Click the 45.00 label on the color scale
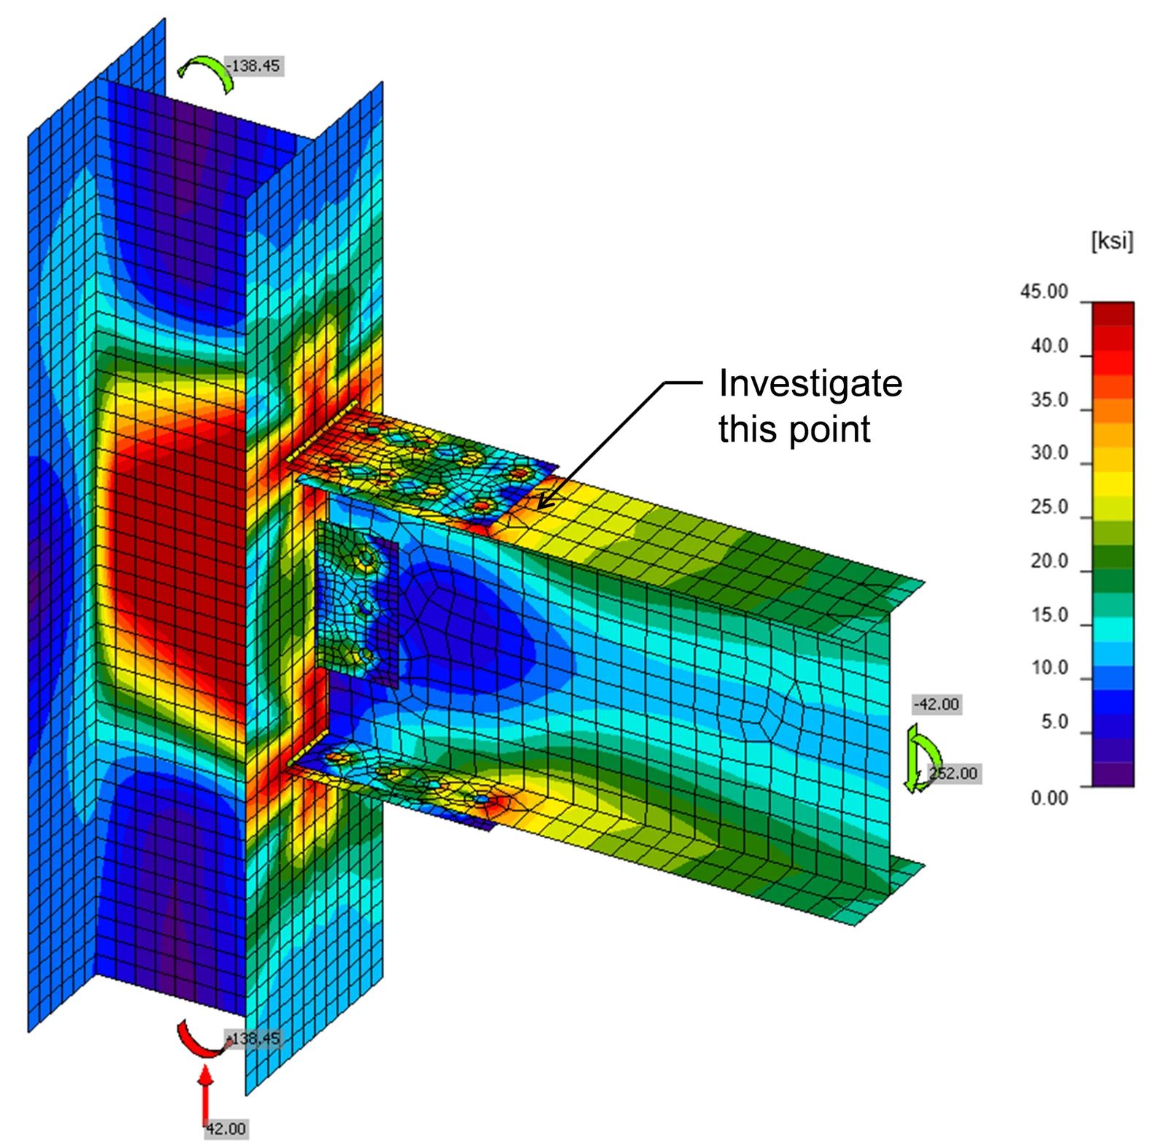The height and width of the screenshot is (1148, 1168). tap(1043, 291)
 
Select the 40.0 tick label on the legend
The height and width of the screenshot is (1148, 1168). tap(1049, 345)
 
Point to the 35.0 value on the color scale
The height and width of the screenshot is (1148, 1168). tap(1049, 399)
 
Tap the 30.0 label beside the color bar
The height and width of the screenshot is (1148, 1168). tap(1049, 452)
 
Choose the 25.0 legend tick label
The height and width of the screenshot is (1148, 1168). tap(1049, 506)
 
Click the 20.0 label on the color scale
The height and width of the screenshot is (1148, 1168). tap(1049, 560)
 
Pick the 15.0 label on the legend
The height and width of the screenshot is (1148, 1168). tap(1049, 615)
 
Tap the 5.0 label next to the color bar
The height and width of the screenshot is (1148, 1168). tap(1054, 722)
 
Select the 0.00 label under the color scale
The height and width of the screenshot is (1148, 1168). tap(1049, 798)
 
